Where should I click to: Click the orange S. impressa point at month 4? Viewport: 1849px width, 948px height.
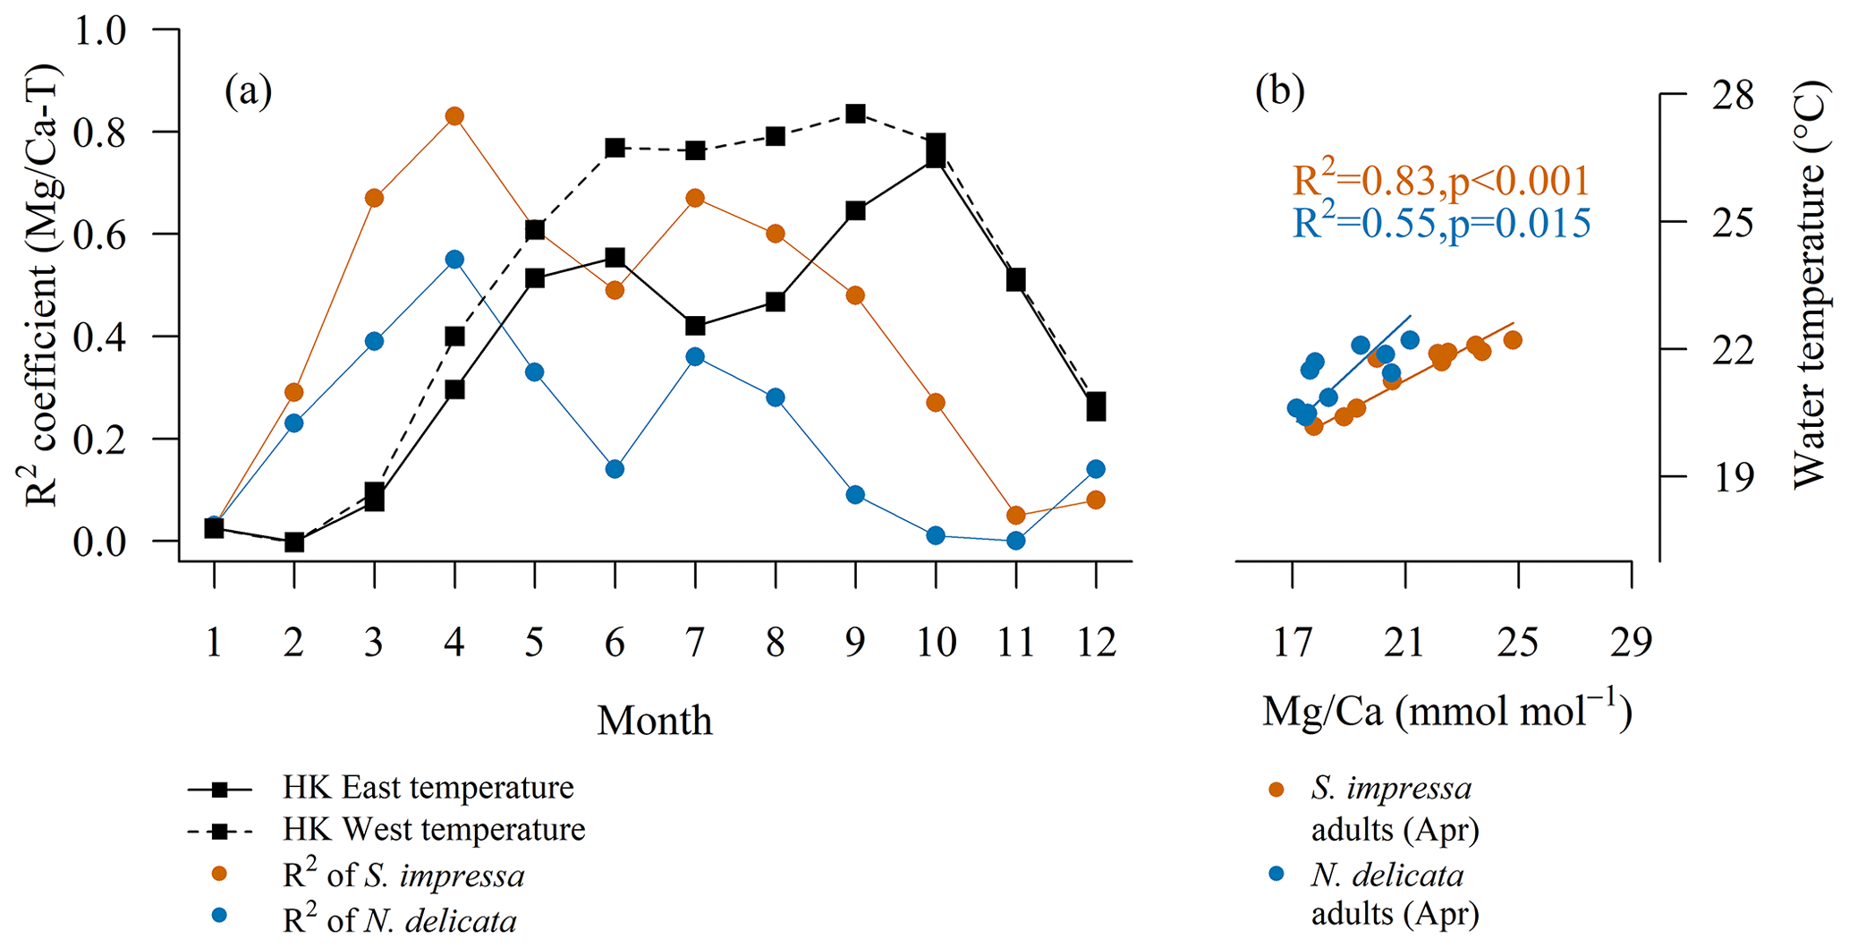point(454,116)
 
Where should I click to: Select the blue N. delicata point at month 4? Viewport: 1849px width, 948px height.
point(454,260)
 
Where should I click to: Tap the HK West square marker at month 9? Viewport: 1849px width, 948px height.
point(855,114)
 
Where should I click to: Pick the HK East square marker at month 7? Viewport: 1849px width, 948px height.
point(695,326)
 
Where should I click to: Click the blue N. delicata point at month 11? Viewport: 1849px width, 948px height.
point(1015,541)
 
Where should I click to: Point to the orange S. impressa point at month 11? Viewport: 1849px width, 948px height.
point(1015,516)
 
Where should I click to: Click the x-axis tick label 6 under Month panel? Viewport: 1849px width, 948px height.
point(615,642)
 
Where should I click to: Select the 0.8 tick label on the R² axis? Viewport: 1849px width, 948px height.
point(100,132)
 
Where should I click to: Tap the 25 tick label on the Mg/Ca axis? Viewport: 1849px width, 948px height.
point(1518,642)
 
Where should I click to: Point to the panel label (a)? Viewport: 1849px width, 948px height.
point(249,90)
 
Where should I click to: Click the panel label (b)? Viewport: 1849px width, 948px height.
point(1279,90)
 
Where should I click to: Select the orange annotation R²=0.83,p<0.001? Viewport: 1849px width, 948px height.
point(1441,181)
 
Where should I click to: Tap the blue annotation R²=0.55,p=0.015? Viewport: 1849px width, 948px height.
point(1441,223)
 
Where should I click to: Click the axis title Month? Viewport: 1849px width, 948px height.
point(655,721)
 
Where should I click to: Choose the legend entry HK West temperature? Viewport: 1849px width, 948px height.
point(434,830)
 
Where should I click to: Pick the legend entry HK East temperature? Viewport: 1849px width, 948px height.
point(428,788)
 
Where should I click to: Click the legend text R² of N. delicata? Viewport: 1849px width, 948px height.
point(400,919)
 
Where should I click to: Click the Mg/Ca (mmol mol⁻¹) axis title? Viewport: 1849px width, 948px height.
point(1446,712)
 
